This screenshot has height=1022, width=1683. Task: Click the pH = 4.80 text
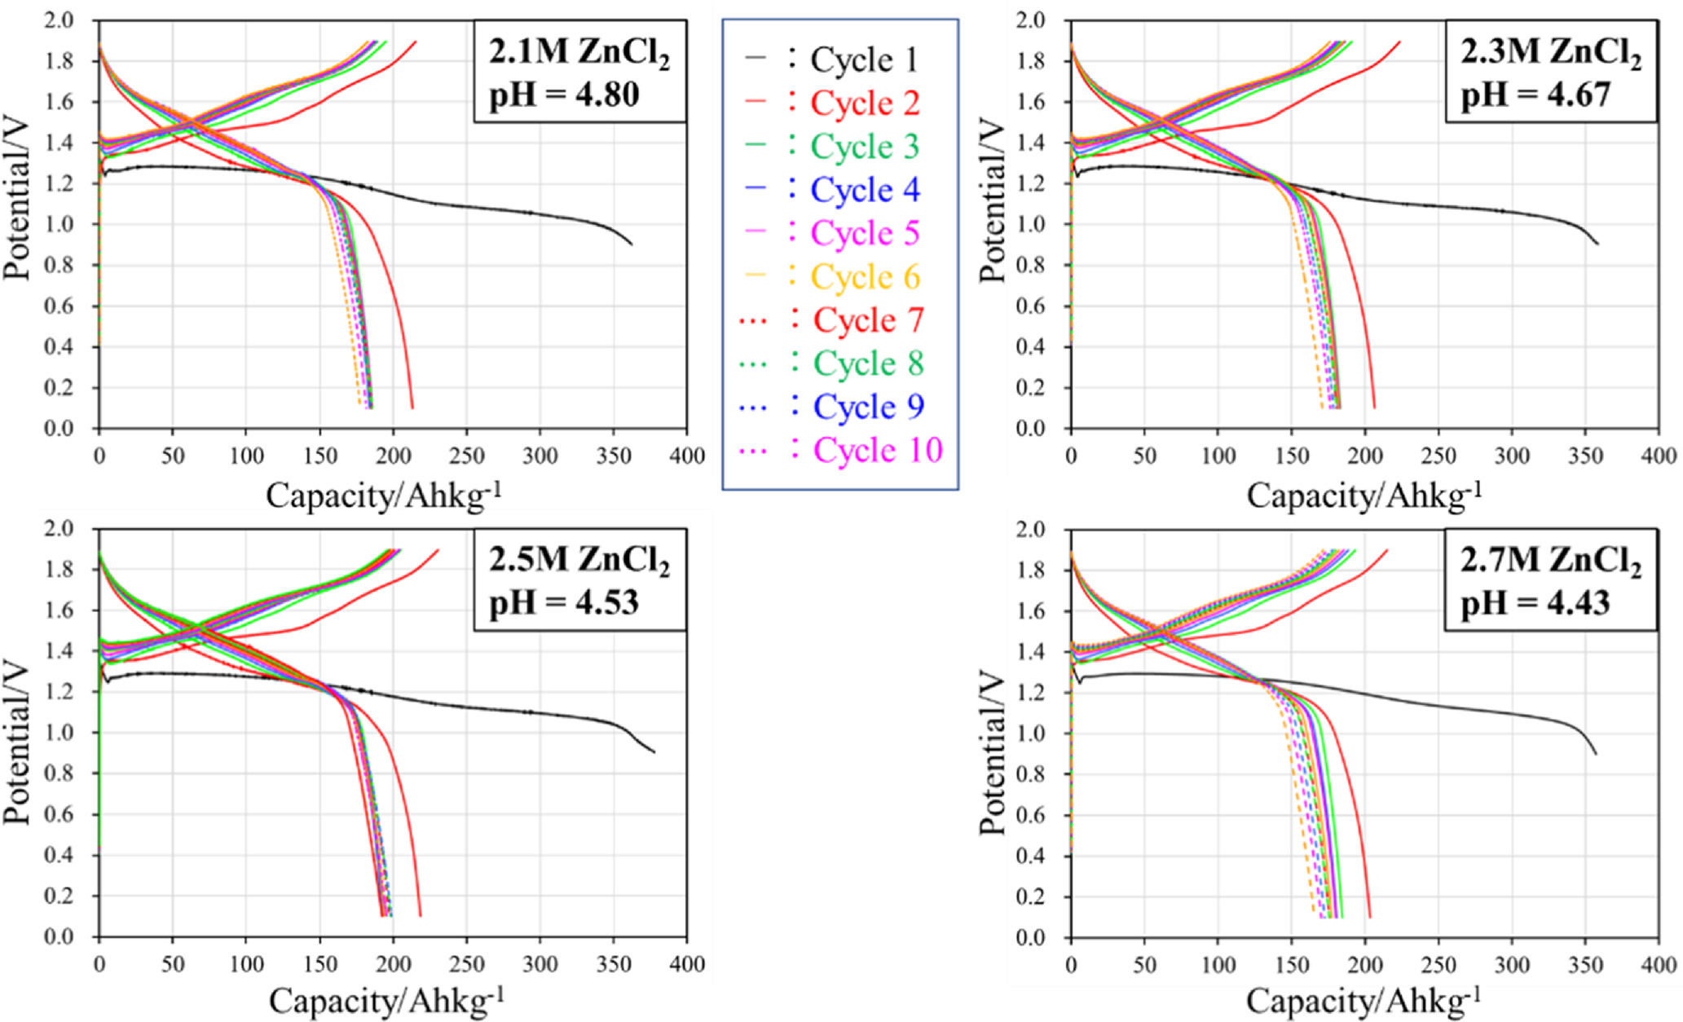click(564, 95)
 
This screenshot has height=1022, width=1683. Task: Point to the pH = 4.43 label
click(1535, 603)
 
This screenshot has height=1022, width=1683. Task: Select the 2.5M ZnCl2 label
click(579, 561)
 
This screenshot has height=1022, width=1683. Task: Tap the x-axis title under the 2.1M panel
click(383, 495)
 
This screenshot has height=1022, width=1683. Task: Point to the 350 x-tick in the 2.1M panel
click(614, 456)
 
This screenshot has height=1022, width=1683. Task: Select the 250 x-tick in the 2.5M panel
click(466, 965)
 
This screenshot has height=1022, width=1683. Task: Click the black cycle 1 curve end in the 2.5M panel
click(654, 751)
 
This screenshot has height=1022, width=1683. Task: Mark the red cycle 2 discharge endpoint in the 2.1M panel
click(412, 407)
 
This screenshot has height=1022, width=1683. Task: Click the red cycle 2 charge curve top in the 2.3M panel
click(1399, 42)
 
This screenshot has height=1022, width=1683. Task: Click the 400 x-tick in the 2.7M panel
click(1658, 965)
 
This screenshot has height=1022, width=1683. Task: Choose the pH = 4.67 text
click(1535, 95)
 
